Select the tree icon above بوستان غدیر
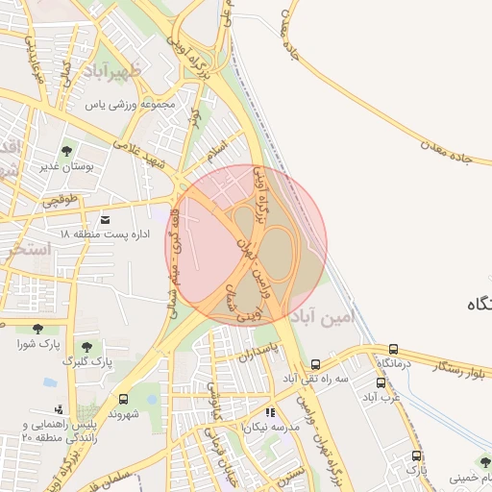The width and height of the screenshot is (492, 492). [66, 151]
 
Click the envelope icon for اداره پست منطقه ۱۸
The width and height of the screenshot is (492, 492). [105, 220]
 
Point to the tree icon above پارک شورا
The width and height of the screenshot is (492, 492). [37, 328]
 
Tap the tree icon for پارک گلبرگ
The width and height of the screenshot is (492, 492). [86, 346]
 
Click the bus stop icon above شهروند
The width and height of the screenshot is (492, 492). [123, 398]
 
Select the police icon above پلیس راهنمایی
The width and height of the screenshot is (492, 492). [60, 409]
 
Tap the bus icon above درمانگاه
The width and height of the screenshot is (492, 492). [393, 349]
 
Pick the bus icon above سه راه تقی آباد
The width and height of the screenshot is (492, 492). [316, 364]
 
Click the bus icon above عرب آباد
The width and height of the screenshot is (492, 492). [381, 382]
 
